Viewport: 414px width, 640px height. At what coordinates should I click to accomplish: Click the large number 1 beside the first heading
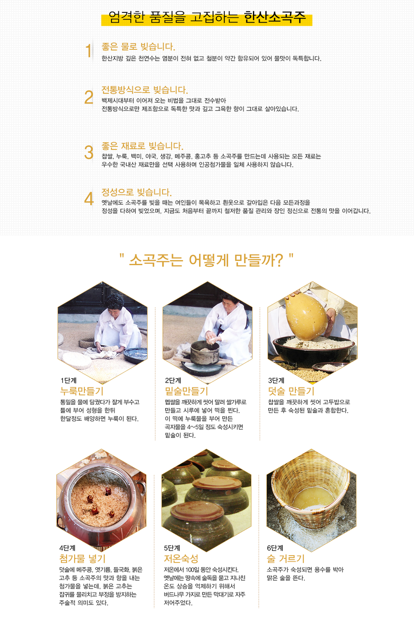click(89, 51)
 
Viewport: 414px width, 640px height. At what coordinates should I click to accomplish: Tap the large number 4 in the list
click(89, 198)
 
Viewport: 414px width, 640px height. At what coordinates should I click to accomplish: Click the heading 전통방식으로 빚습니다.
click(145, 90)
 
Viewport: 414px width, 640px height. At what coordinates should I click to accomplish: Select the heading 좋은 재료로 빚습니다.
click(142, 146)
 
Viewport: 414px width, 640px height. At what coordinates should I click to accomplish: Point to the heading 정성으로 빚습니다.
click(137, 192)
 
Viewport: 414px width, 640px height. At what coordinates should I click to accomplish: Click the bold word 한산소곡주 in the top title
click(274, 17)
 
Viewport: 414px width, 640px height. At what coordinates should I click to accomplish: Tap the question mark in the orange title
click(278, 260)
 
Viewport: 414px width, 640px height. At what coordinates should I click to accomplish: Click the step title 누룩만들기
click(82, 391)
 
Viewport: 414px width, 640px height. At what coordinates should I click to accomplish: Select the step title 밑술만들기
click(187, 391)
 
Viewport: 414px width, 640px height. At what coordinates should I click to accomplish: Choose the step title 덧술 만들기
click(291, 391)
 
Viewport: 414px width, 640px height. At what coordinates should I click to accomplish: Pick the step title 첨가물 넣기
click(82, 558)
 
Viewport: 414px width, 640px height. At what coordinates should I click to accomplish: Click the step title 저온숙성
click(181, 558)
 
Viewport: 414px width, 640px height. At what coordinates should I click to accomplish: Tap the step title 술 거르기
click(286, 558)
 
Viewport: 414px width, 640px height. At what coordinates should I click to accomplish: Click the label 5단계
click(172, 548)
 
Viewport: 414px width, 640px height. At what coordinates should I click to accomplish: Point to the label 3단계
click(276, 380)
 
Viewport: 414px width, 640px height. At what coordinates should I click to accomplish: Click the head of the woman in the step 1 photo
click(115, 303)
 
